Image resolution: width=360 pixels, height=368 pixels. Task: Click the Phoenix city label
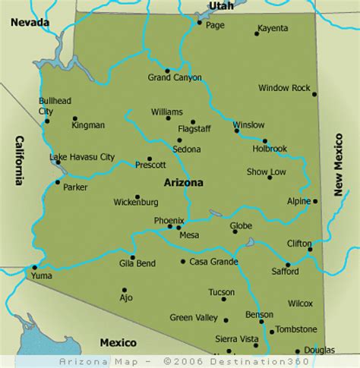(x=169, y=221)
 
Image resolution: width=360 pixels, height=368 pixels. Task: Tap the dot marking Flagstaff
(x=193, y=121)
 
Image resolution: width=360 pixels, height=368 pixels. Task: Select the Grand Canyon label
(x=175, y=77)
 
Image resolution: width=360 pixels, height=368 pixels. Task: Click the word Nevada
(x=29, y=23)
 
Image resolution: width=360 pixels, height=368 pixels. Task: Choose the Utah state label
(x=222, y=6)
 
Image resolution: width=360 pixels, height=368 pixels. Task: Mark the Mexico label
(x=117, y=342)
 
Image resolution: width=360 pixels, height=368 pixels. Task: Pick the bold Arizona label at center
(x=183, y=183)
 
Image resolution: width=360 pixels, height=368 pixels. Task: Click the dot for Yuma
(x=33, y=267)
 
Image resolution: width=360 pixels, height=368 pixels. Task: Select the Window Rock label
(x=284, y=88)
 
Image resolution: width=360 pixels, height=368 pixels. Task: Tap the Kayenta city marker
(x=257, y=33)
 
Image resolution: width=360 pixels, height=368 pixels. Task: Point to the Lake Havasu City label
(x=82, y=157)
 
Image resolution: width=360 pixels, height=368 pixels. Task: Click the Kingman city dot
(x=74, y=118)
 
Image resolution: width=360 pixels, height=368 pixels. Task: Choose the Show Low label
(x=267, y=172)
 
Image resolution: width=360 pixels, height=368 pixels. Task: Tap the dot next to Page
(x=199, y=23)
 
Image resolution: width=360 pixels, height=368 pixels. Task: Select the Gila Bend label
(x=138, y=263)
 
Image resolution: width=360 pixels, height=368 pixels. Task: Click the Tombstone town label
(x=295, y=329)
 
